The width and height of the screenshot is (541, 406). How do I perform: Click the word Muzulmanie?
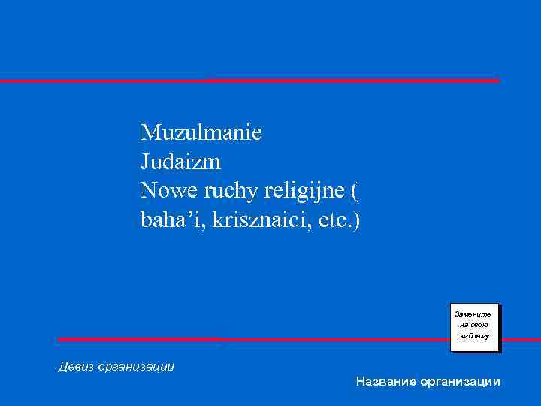point(201,133)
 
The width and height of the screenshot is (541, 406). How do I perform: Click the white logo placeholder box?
point(474,327)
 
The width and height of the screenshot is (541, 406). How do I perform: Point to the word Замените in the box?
point(474,313)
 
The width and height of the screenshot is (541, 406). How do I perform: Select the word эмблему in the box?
point(474,338)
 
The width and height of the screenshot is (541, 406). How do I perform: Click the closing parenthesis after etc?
point(357,221)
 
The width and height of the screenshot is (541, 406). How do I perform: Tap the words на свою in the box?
point(474,325)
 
